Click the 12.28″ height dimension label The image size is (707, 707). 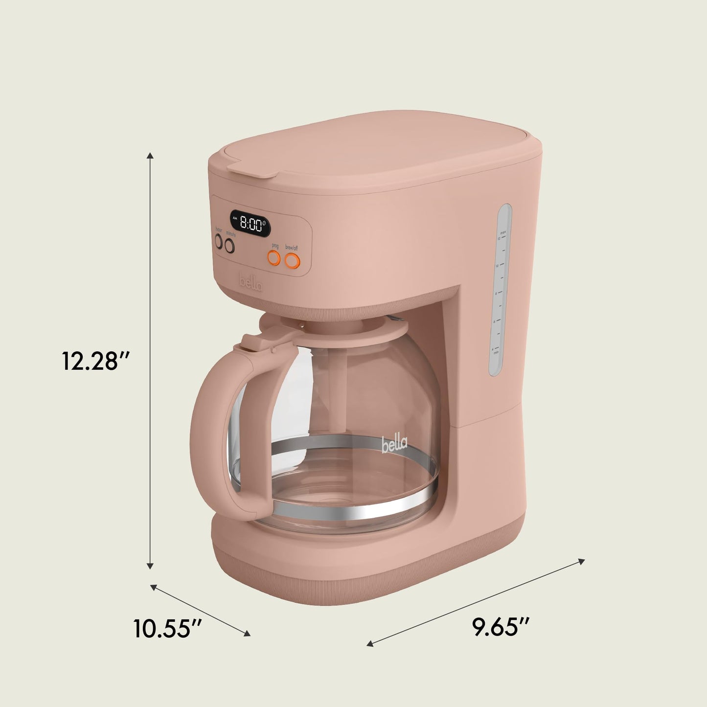coord(95,361)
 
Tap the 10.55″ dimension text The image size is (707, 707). coord(168,628)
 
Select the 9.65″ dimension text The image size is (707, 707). coord(502,627)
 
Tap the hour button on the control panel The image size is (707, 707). coord(219,241)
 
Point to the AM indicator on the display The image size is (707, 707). coord(235,218)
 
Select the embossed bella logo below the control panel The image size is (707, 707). coord(251,283)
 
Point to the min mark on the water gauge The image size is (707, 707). coord(496,351)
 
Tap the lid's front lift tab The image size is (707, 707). coord(251,169)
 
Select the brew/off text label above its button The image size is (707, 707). coord(292,248)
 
